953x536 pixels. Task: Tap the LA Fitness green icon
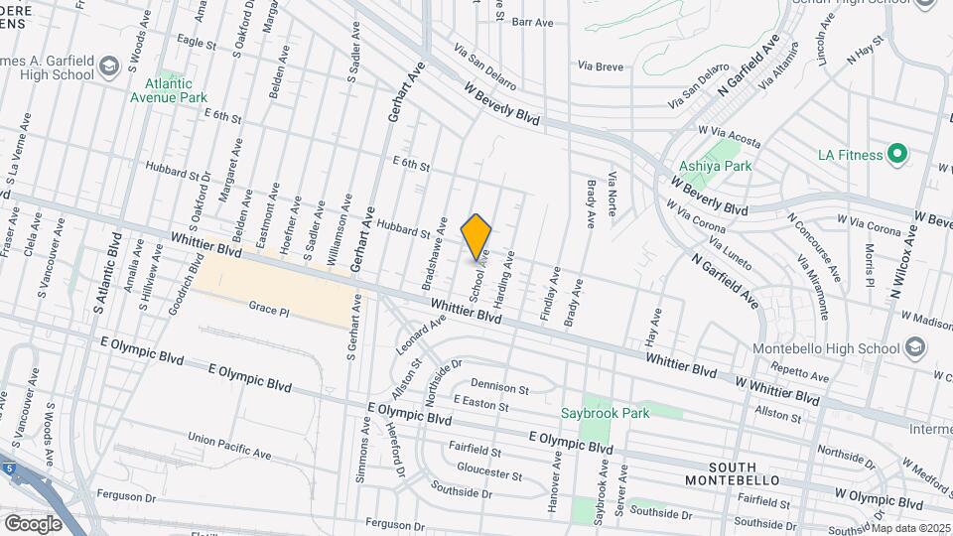pyautogui.click(x=897, y=154)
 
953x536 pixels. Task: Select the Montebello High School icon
pyautogui.click(x=914, y=347)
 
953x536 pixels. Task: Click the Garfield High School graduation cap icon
pyautogui.click(x=107, y=67)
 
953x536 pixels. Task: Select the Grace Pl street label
pyautogui.click(x=268, y=310)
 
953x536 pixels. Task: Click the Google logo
pyautogui.click(x=33, y=523)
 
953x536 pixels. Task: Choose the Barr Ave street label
pyautogui.click(x=531, y=21)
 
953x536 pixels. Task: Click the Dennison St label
pyautogui.click(x=500, y=386)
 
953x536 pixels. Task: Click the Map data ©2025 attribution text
pyautogui.click(x=909, y=528)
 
